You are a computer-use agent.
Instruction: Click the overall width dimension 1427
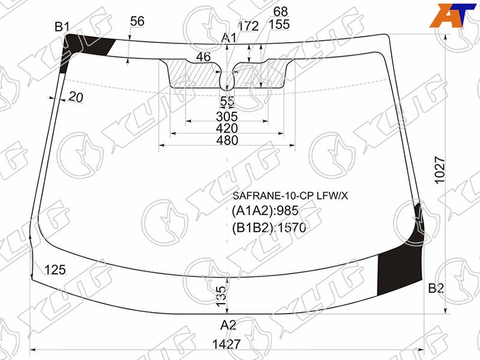tap(226, 344)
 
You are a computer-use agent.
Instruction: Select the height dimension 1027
tap(439, 170)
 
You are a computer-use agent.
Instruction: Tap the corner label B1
tap(62, 27)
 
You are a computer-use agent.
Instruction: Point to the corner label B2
tap(436, 289)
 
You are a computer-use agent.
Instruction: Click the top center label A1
tap(229, 38)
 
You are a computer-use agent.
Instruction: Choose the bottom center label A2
tap(228, 325)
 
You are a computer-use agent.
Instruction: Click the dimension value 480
tap(227, 140)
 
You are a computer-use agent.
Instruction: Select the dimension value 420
tap(227, 128)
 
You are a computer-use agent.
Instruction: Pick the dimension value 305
tap(227, 116)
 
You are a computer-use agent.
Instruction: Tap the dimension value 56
tap(137, 21)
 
